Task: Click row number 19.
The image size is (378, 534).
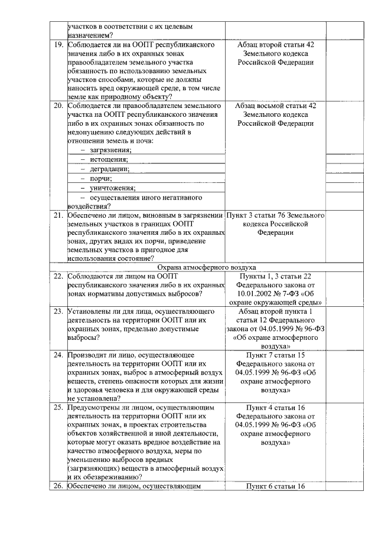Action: pyautogui.click(x=58, y=45)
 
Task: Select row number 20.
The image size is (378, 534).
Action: pyautogui.click(x=58, y=106)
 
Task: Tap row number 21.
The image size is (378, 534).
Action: pyautogui.click(x=58, y=215)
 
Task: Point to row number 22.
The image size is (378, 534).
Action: pyautogui.click(x=58, y=276)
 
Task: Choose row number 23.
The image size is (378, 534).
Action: pyautogui.click(x=58, y=311)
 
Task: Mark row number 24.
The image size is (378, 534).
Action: pyautogui.click(x=58, y=355)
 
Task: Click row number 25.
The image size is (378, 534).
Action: pyautogui.click(x=58, y=407)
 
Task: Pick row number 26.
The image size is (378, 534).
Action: pyautogui.click(x=58, y=486)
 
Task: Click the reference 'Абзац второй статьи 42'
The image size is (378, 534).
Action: pyautogui.click(x=275, y=45)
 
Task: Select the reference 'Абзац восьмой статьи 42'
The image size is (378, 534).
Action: pyautogui.click(x=275, y=106)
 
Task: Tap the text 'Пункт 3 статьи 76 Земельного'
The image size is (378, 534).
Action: pyautogui.click(x=275, y=215)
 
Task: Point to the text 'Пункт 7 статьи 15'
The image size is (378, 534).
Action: pyautogui.click(x=275, y=355)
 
